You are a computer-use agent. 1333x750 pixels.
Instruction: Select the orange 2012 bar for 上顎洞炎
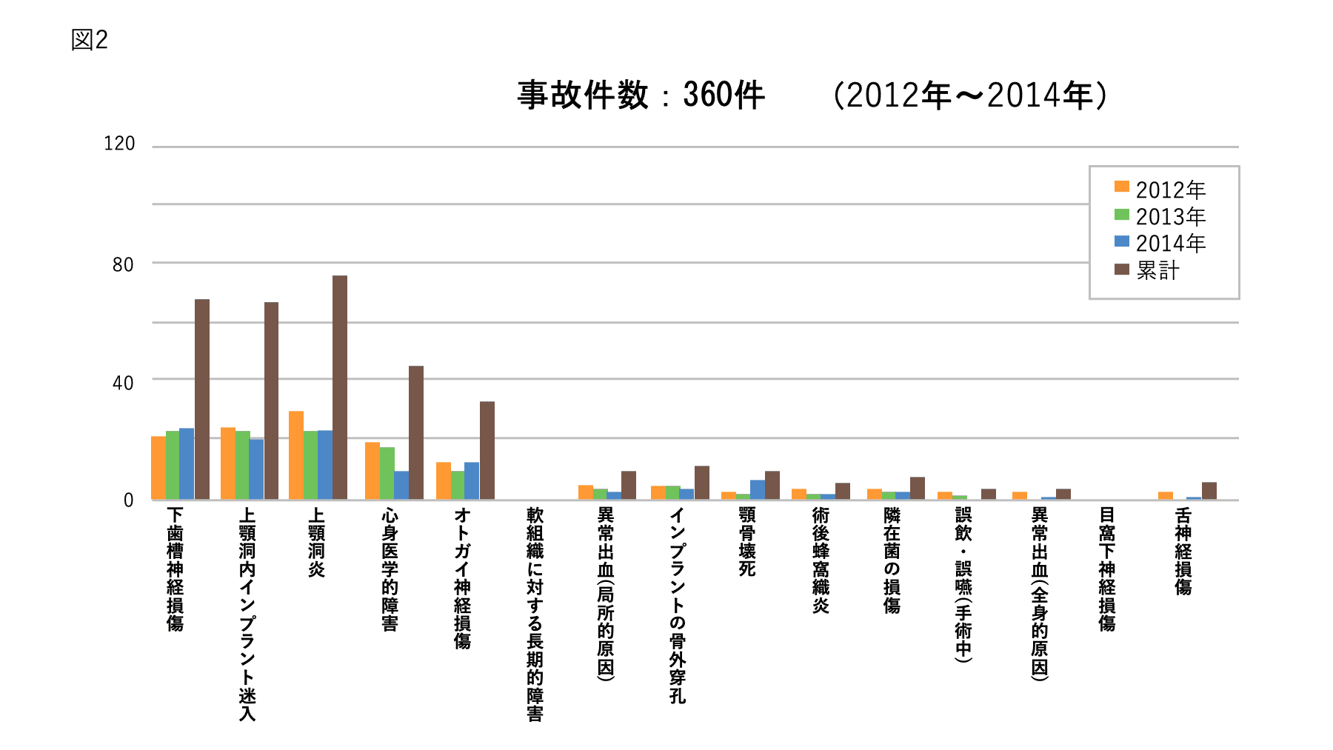[296, 455]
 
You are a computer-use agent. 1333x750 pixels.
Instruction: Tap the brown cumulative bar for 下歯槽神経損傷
[202, 399]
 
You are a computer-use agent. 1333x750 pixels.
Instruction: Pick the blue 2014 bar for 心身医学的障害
[401, 485]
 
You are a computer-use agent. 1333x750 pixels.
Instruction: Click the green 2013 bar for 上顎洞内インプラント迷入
[242, 465]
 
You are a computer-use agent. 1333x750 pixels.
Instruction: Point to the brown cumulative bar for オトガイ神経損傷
[487, 450]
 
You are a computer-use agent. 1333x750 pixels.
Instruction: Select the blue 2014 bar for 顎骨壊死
[758, 489]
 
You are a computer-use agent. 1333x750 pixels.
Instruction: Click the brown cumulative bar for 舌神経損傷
[1209, 491]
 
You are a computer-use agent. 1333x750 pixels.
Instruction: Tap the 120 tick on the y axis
[119, 144]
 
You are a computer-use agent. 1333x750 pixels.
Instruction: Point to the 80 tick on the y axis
[123, 264]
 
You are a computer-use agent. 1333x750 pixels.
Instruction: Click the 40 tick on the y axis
[123, 383]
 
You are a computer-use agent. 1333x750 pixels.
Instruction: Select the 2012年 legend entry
[1160, 190]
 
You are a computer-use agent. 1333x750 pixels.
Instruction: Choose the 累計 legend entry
[1147, 270]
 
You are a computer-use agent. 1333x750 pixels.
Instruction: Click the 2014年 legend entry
[1160, 243]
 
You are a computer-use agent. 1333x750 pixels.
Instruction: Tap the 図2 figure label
[90, 40]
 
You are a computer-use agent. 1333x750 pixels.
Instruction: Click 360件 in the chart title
[724, 96]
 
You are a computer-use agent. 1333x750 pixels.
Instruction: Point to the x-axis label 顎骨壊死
[747, 541]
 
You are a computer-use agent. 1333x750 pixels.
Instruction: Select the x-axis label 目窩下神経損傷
[1107, 569]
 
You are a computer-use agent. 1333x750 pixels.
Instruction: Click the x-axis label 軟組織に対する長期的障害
[535, 614]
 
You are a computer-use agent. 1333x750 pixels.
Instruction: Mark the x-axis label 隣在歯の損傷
[892, 560]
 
